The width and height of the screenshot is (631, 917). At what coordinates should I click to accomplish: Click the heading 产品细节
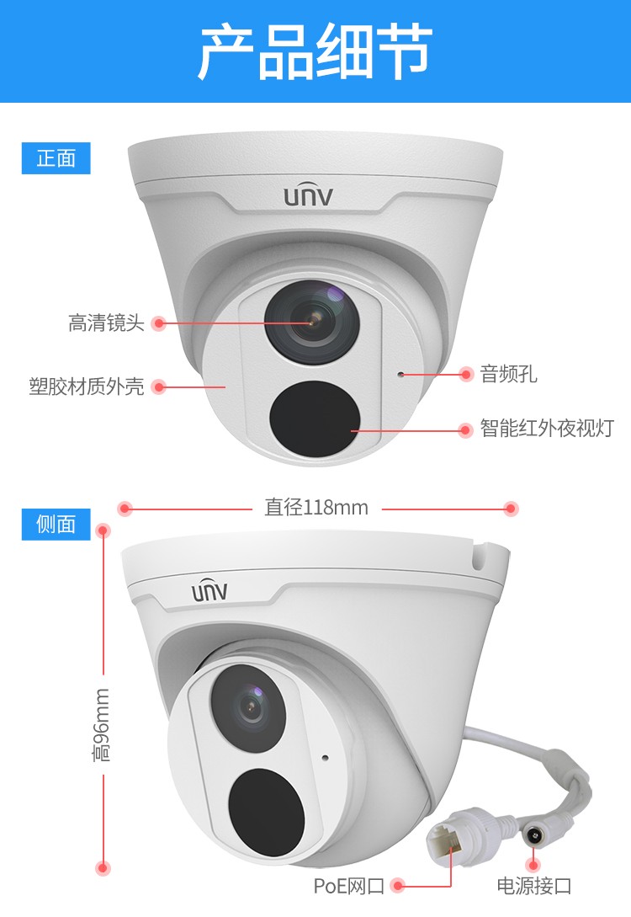[315, 51]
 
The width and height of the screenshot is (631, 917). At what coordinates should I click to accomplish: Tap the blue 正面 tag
[56, 158]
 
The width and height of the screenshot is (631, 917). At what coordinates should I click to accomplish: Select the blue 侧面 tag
[56, 524]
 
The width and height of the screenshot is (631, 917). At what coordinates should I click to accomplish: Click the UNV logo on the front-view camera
[308, 197]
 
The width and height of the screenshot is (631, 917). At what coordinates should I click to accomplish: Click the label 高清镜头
[106, 323]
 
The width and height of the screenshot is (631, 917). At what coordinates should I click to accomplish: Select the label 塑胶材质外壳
[87, 387]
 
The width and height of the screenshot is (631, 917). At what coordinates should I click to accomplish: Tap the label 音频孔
[508, 374]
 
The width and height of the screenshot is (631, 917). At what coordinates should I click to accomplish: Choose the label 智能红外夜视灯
[547, 429]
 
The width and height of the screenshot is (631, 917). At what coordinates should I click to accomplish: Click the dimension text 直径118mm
[316, 508]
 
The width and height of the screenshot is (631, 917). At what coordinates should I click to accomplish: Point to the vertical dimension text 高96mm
[102, 724]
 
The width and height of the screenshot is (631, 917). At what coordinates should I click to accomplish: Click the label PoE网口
[349, 885]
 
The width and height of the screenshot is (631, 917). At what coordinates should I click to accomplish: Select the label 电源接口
[534, 885]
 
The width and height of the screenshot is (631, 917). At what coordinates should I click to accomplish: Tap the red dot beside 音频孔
[465, 374]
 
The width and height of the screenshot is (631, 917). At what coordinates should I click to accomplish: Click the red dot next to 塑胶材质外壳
[159, 387]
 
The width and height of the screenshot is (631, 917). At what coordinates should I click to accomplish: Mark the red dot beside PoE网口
[399, 885]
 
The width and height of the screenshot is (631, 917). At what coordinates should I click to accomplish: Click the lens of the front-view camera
[312, 321]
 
